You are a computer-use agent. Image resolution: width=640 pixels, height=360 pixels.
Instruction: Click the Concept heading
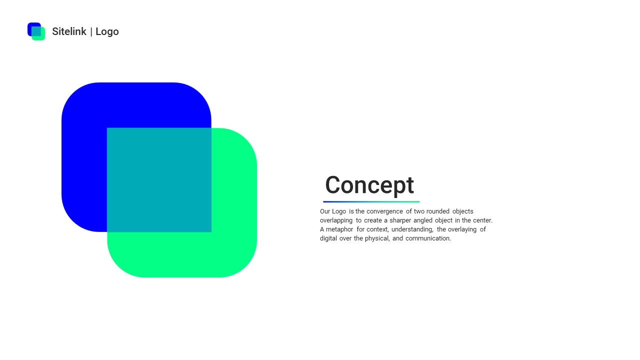(369, 185)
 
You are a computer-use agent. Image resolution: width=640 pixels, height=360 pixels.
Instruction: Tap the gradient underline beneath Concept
(371, 201)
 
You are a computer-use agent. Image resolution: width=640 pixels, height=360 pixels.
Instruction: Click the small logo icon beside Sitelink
(36, 31)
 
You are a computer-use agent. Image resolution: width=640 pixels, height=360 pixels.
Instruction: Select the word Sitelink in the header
(69, 31)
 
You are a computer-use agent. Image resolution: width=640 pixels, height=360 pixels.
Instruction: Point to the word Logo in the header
(107, 31)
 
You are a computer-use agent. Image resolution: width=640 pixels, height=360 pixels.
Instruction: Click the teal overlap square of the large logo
(159, 180)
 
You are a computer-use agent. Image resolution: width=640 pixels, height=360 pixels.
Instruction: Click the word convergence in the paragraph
(384, 211)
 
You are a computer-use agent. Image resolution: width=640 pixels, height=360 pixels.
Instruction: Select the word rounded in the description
(438, 211)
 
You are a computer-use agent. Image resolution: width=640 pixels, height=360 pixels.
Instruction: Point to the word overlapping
(336, 220)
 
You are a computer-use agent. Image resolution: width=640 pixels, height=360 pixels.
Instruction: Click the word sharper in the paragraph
(400, 220)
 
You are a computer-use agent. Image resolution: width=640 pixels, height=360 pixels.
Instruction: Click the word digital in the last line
(328, 238)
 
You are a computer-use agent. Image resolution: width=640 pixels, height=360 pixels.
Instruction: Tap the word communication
(428, 238)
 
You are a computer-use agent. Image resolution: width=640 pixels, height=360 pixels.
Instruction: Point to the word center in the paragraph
(482, 220)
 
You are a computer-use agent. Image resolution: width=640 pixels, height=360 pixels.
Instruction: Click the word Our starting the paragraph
(325, 211)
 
